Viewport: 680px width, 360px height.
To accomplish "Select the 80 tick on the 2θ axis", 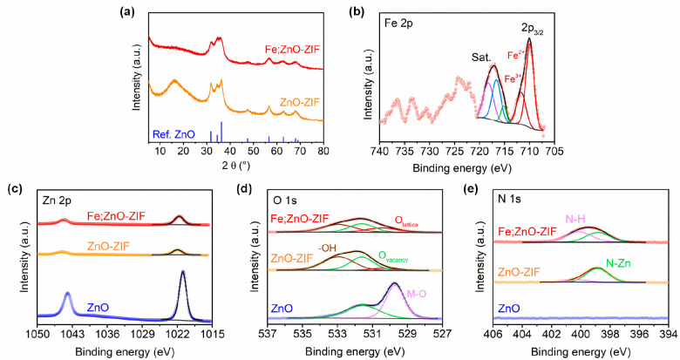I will pyautogui.click(x=323, y=152).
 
